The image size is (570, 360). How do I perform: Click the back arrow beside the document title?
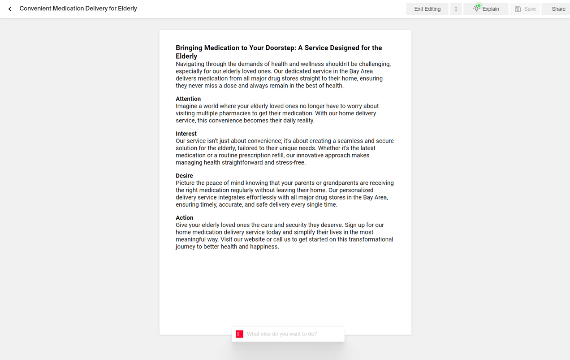(10, 9)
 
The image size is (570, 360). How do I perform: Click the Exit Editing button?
(427, 9)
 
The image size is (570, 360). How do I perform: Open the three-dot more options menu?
(456, 9)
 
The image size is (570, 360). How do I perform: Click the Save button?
(525, 9)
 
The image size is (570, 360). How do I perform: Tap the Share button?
(558, 9)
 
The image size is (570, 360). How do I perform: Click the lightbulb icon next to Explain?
(477, 9)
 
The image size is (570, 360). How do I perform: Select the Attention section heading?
(188, 99)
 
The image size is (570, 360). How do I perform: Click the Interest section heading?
(186, 134)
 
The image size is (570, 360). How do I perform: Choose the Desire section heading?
(184, 176)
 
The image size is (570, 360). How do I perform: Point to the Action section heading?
(184, 218)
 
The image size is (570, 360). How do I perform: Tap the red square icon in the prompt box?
(240, 334)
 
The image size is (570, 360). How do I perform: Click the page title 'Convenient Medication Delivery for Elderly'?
(78, 9)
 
